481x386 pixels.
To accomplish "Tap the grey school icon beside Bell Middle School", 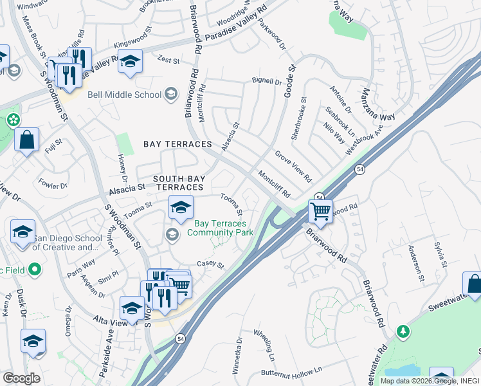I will [x=170, y=95].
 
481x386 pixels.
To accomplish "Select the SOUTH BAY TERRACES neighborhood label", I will [x=177, y=183].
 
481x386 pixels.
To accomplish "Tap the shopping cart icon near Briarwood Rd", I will [x=320, y=210].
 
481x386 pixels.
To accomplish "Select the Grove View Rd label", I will [x=293, y=166].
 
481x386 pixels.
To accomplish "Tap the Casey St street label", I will [x=210, y=265].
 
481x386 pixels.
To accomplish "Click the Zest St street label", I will [x=168, y=60].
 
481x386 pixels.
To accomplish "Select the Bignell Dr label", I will [x=267, y=82].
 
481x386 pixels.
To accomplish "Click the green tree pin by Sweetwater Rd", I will [x=403, y=331].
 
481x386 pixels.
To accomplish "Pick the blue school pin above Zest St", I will [x=131, y=62].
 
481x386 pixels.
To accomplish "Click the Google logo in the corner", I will [x=21, y=378].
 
